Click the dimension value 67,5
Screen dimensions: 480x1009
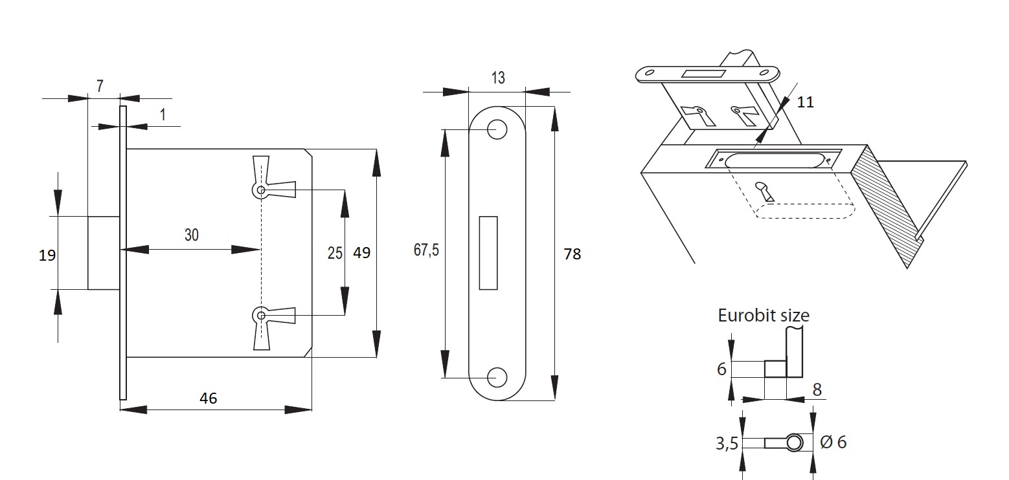click(426, 250)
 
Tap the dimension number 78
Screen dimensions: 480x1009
click(573, 254)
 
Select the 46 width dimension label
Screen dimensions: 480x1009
click(208, 398)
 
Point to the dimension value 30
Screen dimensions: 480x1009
click(192, 235)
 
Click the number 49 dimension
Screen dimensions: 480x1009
click(361, 252)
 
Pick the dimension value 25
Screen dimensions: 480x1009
click(335, 252)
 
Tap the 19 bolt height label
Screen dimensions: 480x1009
click(47, 255)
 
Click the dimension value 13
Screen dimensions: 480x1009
click(497, 78)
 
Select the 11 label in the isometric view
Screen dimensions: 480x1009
click(805, 102)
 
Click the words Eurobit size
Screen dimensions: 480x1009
click(764, 315)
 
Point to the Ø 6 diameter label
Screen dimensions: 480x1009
click(833, 442)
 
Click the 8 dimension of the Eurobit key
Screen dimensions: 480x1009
click(816, 389)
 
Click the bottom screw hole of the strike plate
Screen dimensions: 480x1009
click(497, 376)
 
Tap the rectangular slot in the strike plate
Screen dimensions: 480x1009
click(488, 252)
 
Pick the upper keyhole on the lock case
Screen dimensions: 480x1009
click(261, 190)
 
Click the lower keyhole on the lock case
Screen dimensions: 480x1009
click(261, 316)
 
